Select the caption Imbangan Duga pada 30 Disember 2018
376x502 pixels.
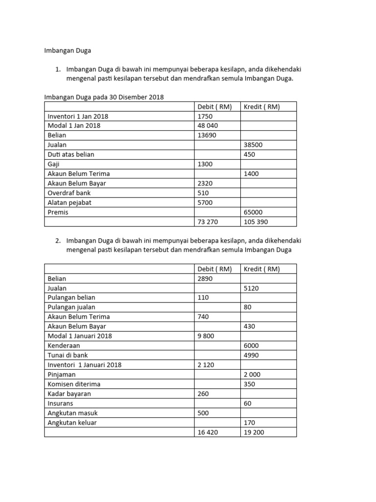104,97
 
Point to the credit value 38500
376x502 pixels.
253,145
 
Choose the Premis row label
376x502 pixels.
58,212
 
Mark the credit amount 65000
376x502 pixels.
253,212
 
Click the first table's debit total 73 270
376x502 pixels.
208,222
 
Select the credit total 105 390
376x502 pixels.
255,222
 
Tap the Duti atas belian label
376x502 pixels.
71,154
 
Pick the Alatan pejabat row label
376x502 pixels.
70,202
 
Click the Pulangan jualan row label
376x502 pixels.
72,307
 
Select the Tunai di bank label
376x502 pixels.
68,355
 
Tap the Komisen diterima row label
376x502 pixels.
74,384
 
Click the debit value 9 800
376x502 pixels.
206,336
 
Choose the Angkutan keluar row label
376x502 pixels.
72,423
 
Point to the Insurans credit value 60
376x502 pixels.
248,403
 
